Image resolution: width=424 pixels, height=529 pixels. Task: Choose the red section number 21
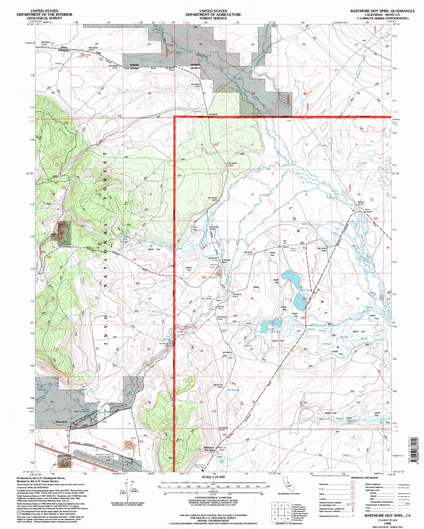pos(304,299)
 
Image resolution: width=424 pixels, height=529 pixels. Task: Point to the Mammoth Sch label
pos(62,422)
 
